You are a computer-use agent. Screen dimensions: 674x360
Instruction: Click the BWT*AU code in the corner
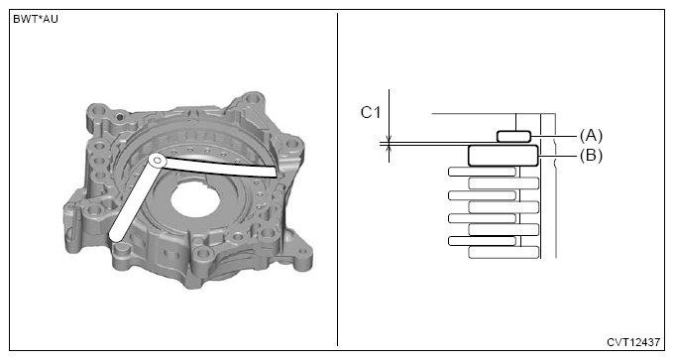[36, 20]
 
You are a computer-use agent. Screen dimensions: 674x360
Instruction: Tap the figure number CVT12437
[632, 342]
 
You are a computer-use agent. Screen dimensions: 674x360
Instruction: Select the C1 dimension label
[370, 113]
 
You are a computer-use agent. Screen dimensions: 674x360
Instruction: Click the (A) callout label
[591, 136]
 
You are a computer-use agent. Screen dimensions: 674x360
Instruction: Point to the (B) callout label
[591, 156]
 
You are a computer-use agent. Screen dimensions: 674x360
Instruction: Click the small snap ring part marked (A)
[513, 136]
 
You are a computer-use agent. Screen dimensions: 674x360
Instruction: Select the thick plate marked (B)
[503, 156]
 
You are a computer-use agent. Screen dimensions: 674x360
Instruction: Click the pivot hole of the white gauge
[157, 161]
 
